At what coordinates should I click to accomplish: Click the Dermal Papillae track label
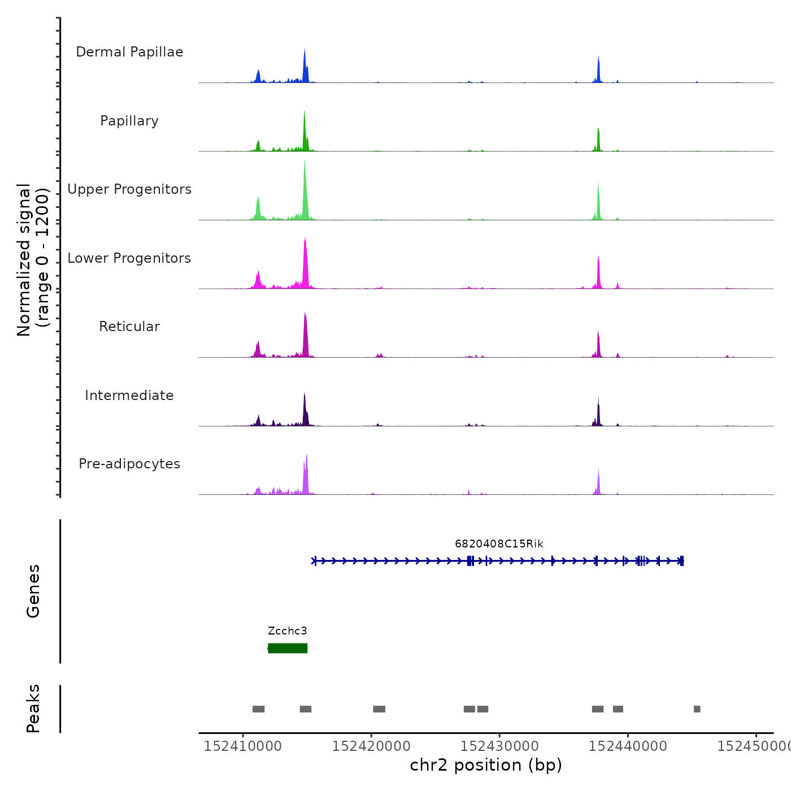[129, 52]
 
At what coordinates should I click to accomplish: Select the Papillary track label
[129, 121]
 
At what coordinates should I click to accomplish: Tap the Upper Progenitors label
[129, 189]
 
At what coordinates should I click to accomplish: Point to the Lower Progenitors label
[129, 258]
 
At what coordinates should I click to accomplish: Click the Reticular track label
[129, 327]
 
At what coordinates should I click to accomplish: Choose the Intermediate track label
[129, 395]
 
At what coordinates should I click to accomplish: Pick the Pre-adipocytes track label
[129, 464]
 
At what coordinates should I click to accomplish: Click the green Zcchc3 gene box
[288, 648]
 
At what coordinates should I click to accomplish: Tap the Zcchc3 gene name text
[288, 631]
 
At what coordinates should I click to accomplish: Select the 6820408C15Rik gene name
[499, 544]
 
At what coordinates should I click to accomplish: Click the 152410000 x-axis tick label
[243, 746]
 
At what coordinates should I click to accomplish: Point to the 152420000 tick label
[371, 746]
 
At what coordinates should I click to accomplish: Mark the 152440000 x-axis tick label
[628, 746]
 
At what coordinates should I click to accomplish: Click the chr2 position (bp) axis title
[486, 765]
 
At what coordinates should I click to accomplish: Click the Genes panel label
[33, 591]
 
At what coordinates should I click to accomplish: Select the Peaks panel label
[33, 709]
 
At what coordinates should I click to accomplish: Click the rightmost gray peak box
[697, 709]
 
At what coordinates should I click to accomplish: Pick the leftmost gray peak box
[258, 709]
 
